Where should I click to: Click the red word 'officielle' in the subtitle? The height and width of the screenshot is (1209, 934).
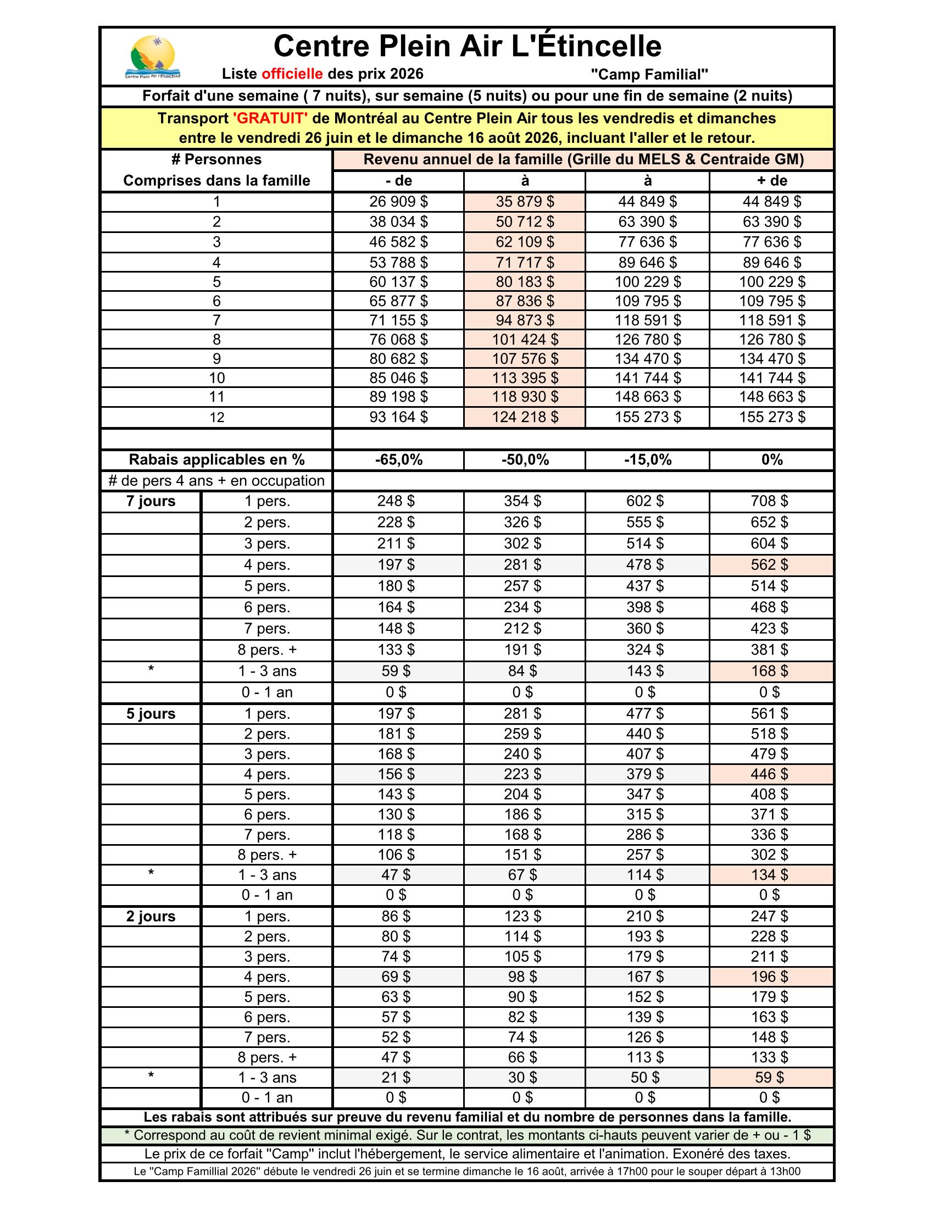click(292, 74)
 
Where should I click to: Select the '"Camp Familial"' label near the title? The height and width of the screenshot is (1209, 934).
click(649, 74)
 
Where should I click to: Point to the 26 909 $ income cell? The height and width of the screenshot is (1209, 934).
click(398, 202)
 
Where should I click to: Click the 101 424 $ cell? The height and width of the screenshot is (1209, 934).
click(525, 339)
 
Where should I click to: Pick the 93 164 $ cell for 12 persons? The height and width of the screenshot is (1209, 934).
click(398, 417)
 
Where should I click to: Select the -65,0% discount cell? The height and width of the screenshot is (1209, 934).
click(398, 460)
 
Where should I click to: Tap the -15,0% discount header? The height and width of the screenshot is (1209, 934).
click(647, 460)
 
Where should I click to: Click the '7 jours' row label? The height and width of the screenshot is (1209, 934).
click(151, 502)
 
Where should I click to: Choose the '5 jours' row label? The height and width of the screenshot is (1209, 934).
click(151, 713)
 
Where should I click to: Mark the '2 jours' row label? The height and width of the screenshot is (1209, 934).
click(151, 916)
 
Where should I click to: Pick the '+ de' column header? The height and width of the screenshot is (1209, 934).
click(771, 181)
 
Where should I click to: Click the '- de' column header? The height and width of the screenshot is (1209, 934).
click(398, 181)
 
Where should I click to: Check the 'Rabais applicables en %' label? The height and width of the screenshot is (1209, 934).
click(216, 460)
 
